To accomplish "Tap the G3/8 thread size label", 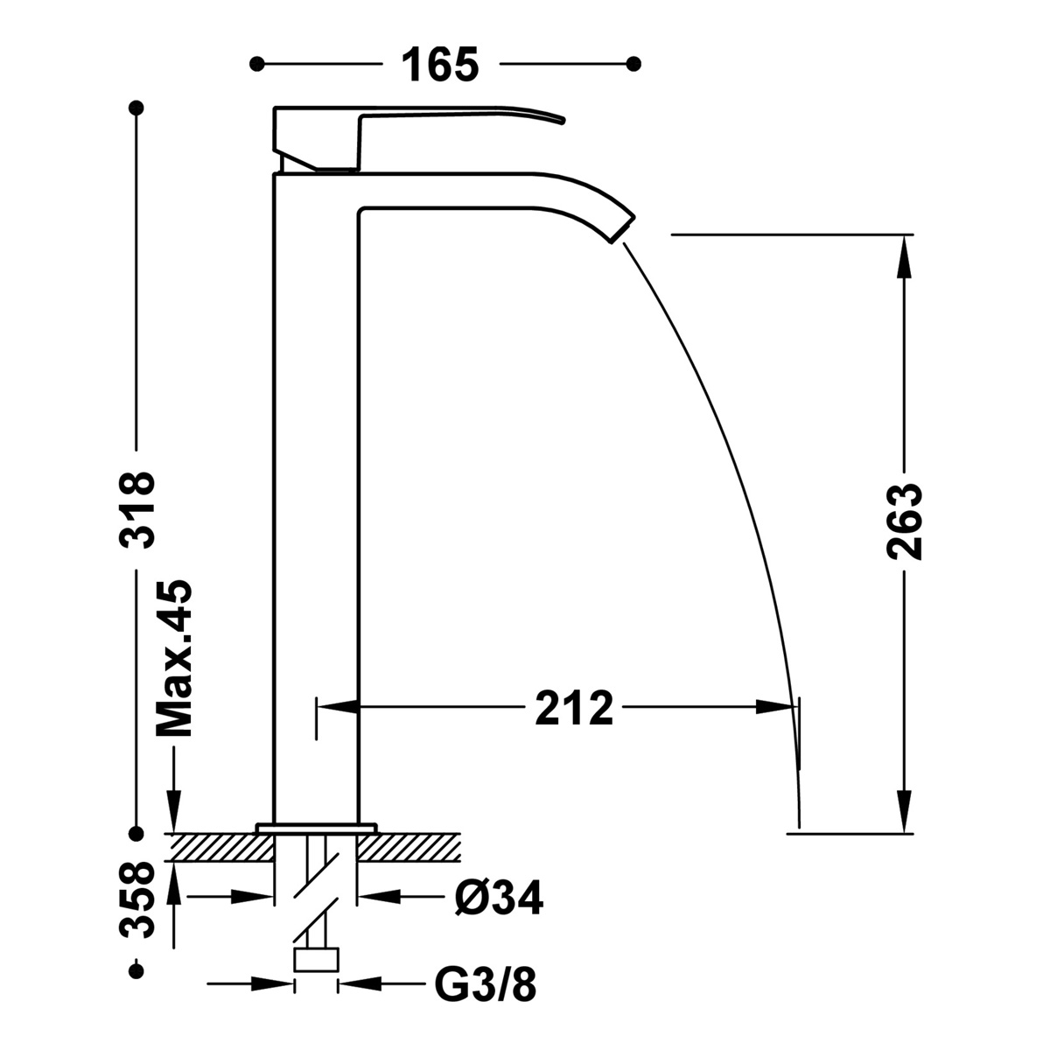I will point(486,986).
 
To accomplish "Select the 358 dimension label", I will point(137,901).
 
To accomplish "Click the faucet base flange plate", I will point(316,827).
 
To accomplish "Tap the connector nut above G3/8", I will point(317,960).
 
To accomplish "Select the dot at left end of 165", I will point(256,63).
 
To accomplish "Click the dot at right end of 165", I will point(635,63).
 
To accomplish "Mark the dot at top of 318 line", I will point(136,108).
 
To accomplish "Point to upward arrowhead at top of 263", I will point(904,254).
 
